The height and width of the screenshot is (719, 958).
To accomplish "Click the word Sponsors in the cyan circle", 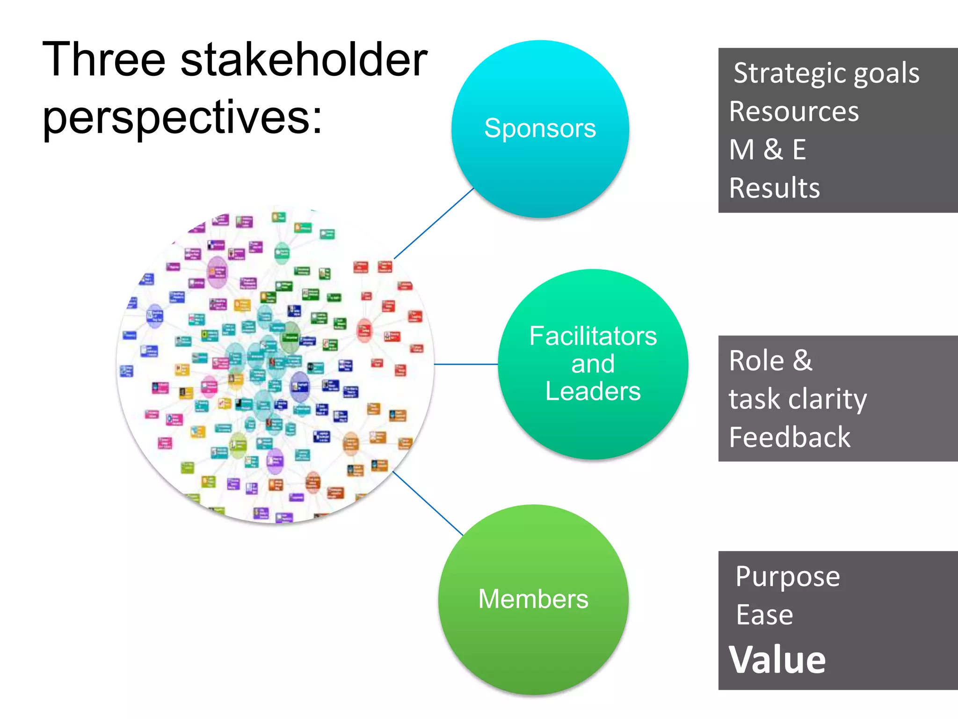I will point(540,128).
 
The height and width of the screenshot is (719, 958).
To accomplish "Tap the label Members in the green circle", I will point(533,599).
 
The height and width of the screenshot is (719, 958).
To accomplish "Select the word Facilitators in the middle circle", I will point(593,336).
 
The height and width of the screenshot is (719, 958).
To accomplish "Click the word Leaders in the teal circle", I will point(593,391).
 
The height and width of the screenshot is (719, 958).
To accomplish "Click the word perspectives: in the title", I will point(182,117).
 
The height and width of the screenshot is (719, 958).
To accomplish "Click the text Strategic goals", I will point(826,73).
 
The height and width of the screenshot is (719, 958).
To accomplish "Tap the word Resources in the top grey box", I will point(794,112).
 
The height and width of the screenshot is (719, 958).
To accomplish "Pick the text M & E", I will point(768,150).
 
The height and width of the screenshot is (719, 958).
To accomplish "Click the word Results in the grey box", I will point(774,188).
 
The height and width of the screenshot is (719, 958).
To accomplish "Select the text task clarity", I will point(798,399).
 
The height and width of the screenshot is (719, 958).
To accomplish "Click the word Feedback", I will point(790,437).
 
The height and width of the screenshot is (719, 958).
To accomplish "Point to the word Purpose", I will point(787,576).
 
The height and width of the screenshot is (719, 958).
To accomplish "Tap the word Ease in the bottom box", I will point(764,615).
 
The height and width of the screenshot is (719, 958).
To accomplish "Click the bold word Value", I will point(777,660).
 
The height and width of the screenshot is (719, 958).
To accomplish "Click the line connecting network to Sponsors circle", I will point(434,223).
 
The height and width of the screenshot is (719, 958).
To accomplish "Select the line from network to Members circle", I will point(428,503).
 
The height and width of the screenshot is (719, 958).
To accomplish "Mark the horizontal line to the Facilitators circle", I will point(466,364).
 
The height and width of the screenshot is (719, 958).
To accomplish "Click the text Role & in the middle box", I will point(770,361).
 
